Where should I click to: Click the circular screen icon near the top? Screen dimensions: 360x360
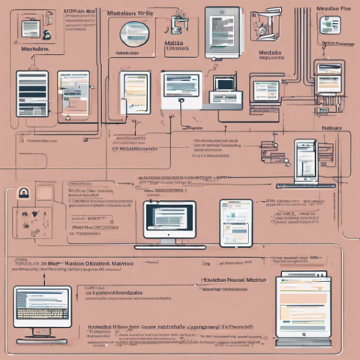click(x=134, y=33)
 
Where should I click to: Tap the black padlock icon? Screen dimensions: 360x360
click(x=23, y=193)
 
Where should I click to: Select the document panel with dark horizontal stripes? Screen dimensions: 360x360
click(x=32, y=94)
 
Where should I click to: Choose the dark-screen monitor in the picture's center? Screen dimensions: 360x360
click(x=169, y=219)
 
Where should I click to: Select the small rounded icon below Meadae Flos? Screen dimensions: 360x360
click(x=329, y=24)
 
